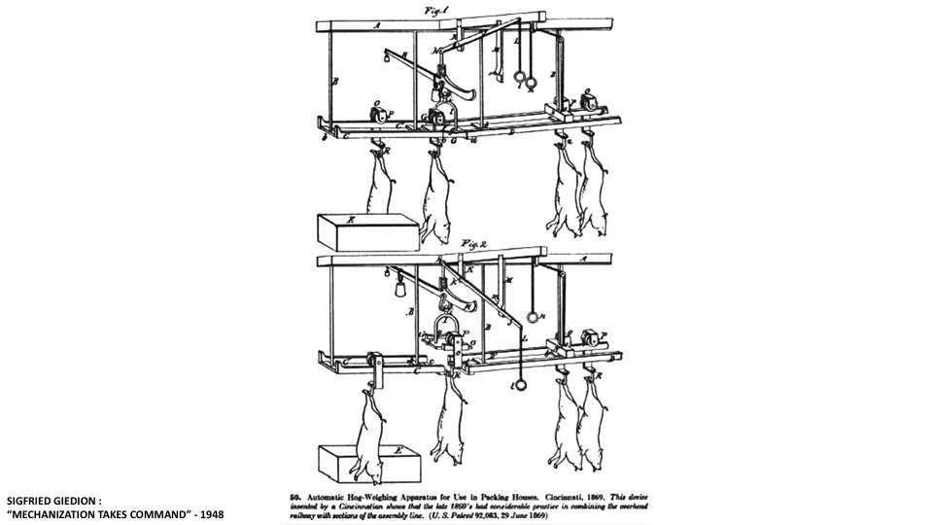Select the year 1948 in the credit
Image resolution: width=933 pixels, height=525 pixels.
click(x=208, y=513)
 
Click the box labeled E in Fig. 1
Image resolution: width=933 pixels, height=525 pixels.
click(x=367, y=231)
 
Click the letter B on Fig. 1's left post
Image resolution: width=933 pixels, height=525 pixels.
click(x=335, y=84)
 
